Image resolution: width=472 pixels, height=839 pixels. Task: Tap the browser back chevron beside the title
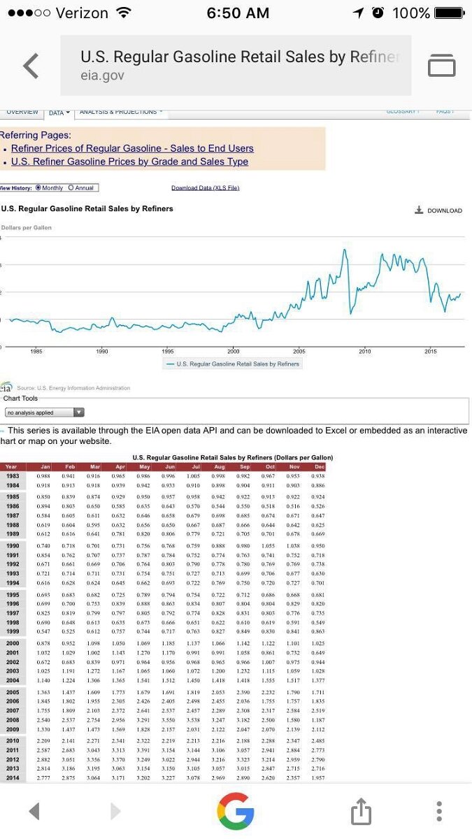click(31, 66)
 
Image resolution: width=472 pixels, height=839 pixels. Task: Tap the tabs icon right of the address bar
click(441, 66)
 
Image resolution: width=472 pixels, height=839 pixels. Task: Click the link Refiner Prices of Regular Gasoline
click(132, 148)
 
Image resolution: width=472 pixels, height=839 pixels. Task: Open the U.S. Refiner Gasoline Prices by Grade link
click(129, 162)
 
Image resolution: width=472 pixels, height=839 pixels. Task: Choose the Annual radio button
click(70, 188)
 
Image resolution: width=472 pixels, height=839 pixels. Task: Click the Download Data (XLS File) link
click(205, 188)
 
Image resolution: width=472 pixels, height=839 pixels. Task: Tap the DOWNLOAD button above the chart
click(438, 210)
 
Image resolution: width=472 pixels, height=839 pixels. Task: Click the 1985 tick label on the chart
click(36, 351)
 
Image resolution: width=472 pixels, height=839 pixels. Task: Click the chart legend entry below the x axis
click(233, 364)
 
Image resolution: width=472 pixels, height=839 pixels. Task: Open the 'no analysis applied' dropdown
click(45, 413)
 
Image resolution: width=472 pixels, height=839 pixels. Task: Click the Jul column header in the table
click(196, 466)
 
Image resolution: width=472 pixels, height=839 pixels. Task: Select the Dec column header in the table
click(320, 466)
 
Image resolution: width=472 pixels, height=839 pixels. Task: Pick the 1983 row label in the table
click(12, 475)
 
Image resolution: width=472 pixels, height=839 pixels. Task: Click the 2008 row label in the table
click(12, 719)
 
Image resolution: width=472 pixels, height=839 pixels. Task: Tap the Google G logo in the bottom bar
click(235, 811)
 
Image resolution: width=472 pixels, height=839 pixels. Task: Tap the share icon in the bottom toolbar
click(359, 812)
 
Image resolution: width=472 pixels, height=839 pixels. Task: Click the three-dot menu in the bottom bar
click(439, 811)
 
